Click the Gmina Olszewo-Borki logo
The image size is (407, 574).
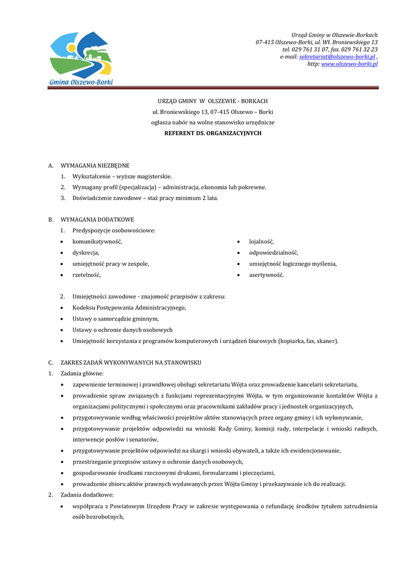(81, 59)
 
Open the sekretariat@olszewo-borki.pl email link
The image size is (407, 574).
(337, 57)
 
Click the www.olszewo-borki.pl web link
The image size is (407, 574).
(349, 64)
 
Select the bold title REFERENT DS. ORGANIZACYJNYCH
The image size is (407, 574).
(213, 133)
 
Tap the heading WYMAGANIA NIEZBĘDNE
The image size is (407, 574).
(95, 165)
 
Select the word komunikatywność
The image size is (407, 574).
(97, 242)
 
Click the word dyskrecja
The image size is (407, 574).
(86, 253)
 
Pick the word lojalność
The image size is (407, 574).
(262, 242)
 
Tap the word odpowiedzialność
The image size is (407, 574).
(274, 253)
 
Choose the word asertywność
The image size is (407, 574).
(267, 275)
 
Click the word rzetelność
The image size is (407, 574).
(87, 275)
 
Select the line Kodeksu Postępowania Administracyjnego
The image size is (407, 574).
(129, 308)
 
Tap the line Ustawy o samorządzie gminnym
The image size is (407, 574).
(116, 319)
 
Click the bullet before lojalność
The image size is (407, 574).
(239, 242)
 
